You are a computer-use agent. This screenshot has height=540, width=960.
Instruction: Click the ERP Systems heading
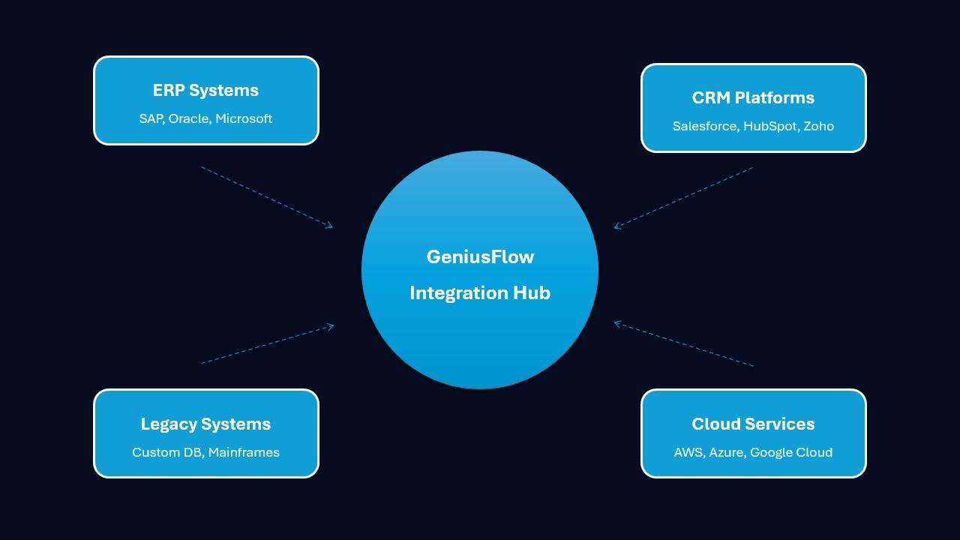tap(205, 91)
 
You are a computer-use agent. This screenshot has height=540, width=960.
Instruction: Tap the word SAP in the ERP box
tap(151, 118)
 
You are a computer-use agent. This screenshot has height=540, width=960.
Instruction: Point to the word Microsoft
tap(244, 118)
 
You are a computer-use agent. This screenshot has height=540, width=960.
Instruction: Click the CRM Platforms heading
tap(753, 98)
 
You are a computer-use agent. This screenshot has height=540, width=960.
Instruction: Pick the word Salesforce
tap(704, 126)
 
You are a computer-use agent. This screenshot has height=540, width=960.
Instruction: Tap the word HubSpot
tap(770, 126)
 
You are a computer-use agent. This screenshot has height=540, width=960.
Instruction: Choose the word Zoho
tap(818, 126)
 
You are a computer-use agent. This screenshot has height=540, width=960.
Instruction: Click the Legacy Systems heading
tap(205, 424)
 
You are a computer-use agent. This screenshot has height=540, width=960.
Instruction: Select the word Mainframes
tap(244, 452)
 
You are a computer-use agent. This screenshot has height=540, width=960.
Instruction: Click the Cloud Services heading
tap(753, 424)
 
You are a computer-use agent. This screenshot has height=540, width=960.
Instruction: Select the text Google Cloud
tap(791, 452)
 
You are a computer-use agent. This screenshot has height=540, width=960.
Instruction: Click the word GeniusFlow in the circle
tap(480, 257)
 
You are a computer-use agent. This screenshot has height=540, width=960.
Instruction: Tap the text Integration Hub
tap(480, 293)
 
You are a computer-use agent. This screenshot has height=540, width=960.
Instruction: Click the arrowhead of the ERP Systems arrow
tap(330, 225)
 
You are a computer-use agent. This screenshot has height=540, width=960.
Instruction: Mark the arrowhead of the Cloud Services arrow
tap(616, 323)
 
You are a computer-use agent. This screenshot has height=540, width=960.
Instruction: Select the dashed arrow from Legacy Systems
tap(266, 344)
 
